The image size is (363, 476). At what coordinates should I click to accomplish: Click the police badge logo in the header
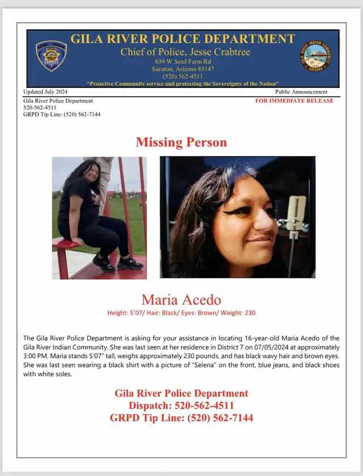51,56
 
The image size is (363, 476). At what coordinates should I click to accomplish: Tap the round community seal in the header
315,57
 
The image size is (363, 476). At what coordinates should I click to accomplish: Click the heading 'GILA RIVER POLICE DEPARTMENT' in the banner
183,39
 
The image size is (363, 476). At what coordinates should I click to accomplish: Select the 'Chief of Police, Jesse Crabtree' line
185,52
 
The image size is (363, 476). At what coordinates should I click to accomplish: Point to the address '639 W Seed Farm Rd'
183,61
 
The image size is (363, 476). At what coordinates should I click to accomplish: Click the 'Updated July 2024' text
45,91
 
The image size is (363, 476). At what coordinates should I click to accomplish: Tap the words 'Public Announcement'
301,91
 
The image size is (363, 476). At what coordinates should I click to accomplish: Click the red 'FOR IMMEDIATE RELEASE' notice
294,100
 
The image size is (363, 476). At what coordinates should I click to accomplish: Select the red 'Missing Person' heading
181,142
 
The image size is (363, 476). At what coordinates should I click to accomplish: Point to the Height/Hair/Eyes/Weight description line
181,313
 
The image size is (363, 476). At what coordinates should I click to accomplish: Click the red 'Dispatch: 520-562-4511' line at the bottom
181,406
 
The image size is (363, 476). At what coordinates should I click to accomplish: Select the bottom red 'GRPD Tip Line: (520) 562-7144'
181,418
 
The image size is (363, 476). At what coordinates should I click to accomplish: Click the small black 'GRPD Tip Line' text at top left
62,114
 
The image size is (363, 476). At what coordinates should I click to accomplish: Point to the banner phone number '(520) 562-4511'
183,76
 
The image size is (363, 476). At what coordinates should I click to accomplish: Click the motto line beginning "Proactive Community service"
183,83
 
